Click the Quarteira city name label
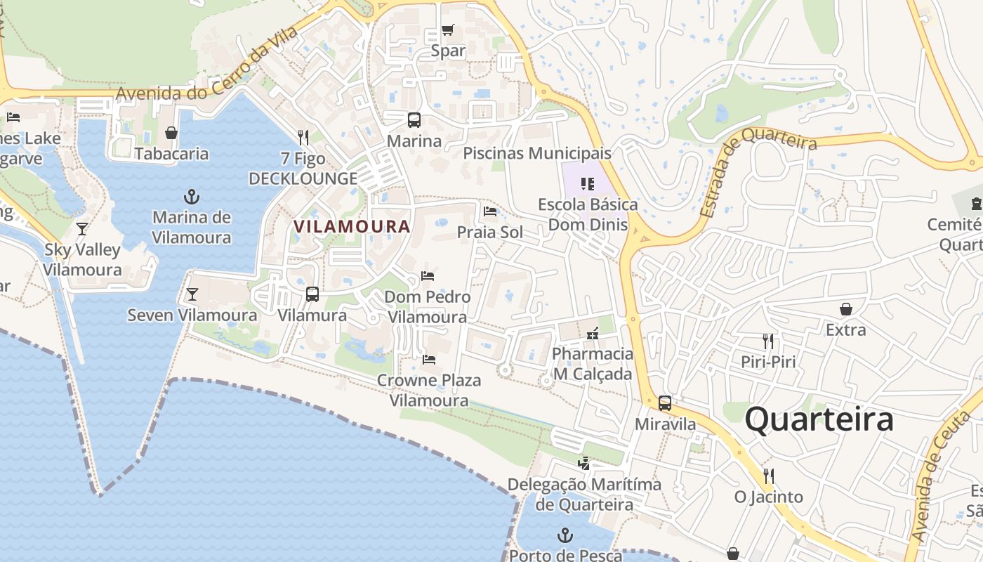pos(819,420)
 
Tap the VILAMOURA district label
pos(352,226)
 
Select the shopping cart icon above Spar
pos(447,30)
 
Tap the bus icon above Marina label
pos(414,119)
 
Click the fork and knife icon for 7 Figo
pos(303,137)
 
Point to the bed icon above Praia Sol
pos(490,211)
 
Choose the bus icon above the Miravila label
pos(664,403)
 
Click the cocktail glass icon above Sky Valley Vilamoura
pos(82,228)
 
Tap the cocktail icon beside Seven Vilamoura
pos(192,294)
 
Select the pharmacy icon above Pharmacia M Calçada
pos(593,333)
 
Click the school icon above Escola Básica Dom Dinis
pos(588,184)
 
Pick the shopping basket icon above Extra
pos(846,309)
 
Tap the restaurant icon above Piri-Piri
pos(768,341)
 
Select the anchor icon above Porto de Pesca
pos(565,536)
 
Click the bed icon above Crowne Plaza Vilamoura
pos(429,360)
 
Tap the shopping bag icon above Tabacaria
pos(171,132)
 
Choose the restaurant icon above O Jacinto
pos(768,476)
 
